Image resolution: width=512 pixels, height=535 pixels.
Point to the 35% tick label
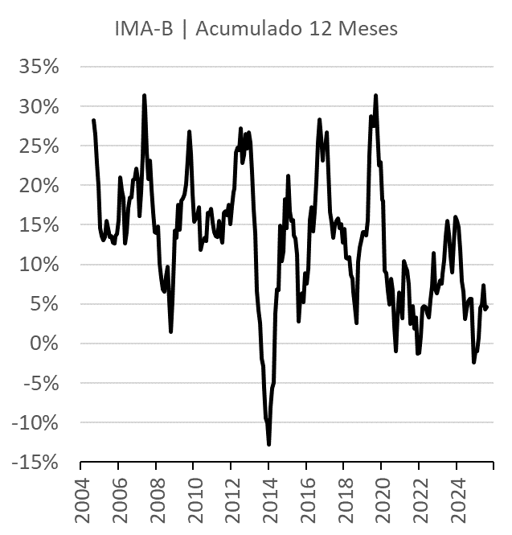(x=39, y=67)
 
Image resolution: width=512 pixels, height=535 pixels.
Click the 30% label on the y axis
(x=39, y=106)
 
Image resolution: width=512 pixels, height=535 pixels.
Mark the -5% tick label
(x=41, y=383)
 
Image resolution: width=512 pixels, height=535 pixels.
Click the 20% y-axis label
(x=39, y=185)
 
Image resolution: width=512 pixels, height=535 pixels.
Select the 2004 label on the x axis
(x=81, y=500)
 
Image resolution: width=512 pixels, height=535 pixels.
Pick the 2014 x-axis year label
(x=269, y=500)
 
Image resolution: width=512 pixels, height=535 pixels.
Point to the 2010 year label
(x=194, y=500)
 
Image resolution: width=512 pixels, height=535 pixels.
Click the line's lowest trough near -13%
(x=268, y=444)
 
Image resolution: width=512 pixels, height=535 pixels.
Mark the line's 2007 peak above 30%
(x=144, y=96)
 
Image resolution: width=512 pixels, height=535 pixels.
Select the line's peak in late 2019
(x=375, y=96)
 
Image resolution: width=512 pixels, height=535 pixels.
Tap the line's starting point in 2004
(x=93, y=120)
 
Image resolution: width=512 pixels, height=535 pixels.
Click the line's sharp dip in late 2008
(x=171, y=331)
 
